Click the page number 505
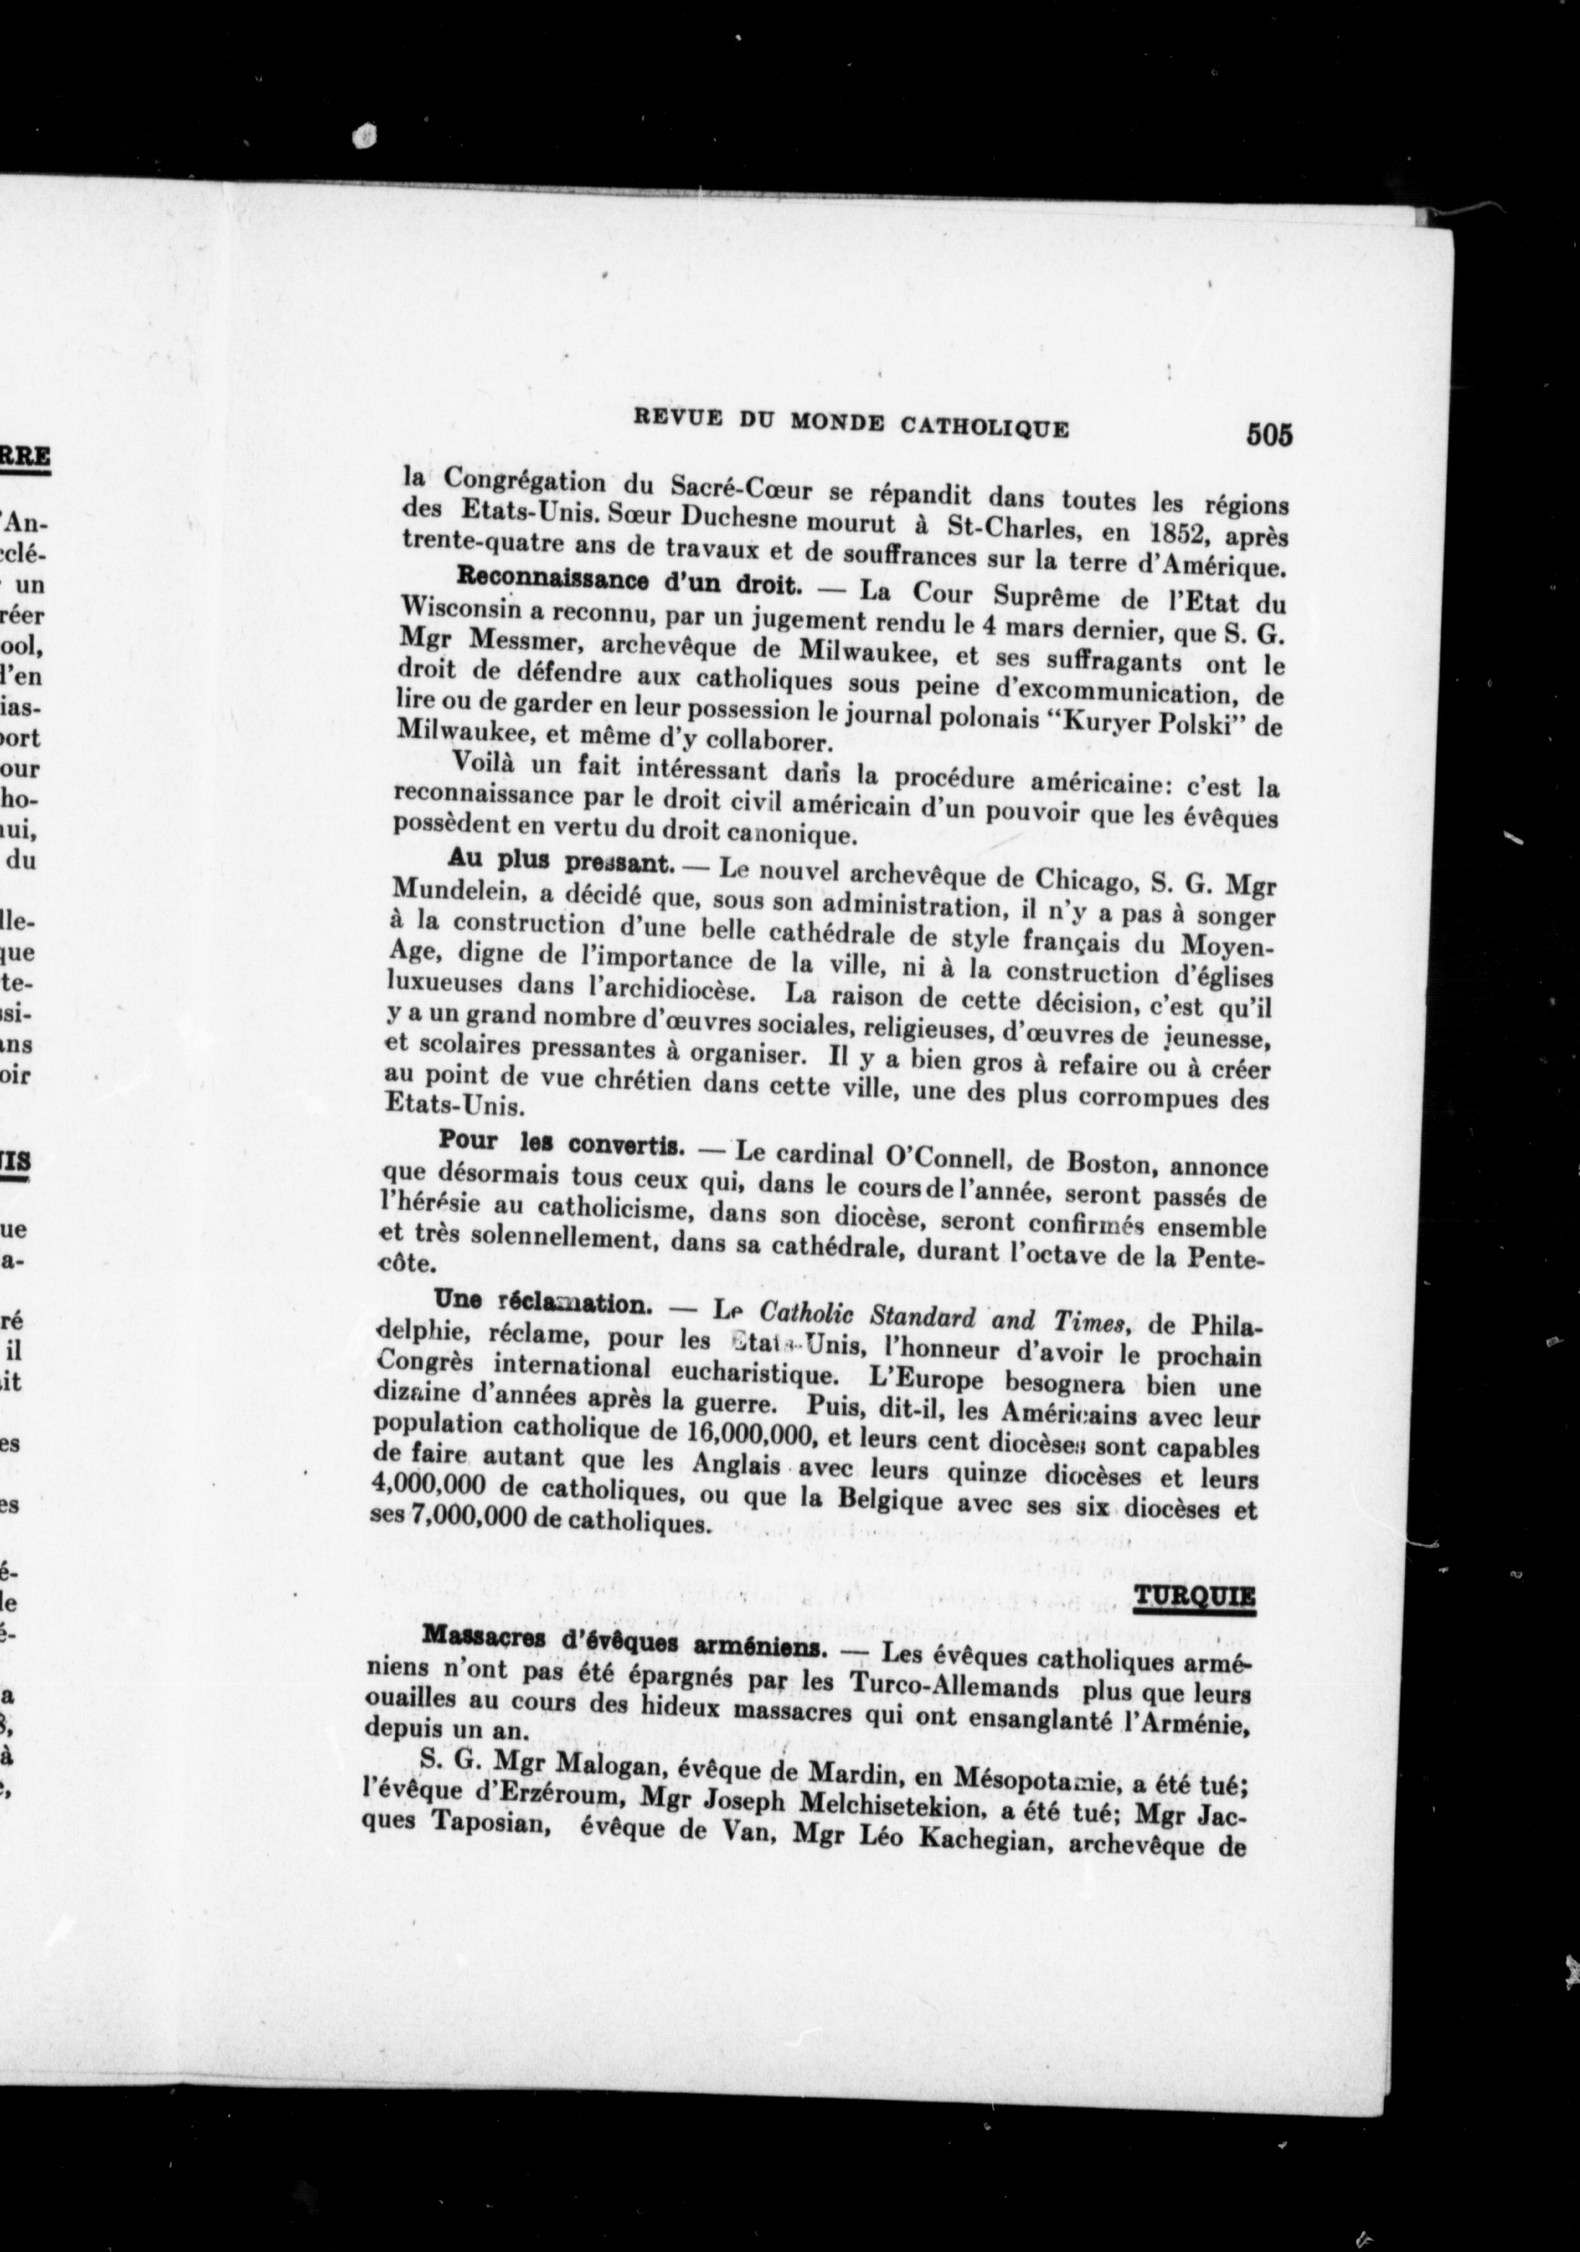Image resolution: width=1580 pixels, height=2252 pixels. pos(1269,435)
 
